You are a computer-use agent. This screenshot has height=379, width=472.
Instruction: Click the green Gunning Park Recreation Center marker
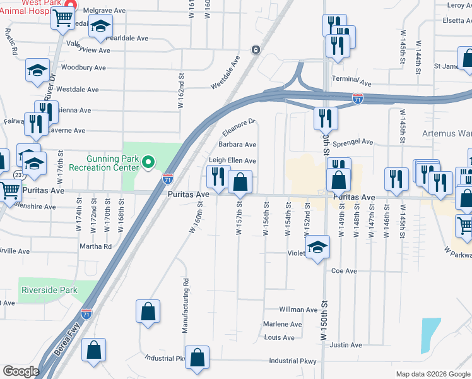click(148, 163)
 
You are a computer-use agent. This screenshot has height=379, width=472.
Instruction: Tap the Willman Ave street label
click(298, 310)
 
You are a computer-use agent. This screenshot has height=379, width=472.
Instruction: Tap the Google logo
click(21, 371)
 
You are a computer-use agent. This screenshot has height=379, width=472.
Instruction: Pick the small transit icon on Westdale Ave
click(256, 49)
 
